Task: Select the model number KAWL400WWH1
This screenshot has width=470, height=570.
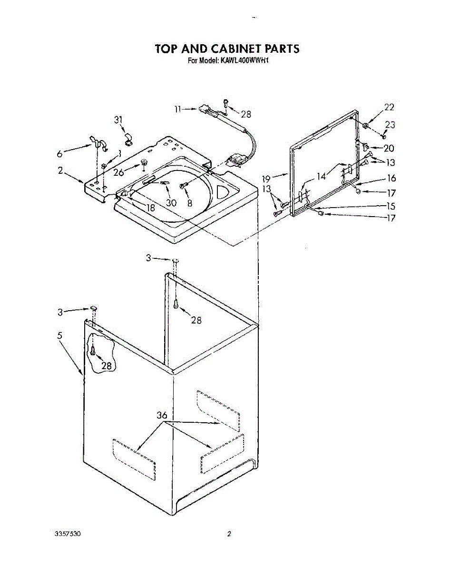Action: pos(243,60)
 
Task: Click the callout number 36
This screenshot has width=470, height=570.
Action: pos(162,416)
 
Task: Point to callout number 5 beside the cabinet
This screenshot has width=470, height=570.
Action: pos(59,335)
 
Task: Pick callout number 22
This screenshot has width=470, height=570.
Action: pos(389,107)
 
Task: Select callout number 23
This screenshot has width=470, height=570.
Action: pos(390,125)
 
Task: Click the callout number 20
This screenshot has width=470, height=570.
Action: pos(389,148)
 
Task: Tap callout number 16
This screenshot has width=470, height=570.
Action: pos(391,178)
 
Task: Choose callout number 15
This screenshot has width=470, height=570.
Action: pos(391,206)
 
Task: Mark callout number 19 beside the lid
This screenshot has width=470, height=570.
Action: pos(266,179)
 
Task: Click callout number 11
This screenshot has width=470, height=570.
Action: pos(177,109)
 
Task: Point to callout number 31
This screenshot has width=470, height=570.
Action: pos(118,120)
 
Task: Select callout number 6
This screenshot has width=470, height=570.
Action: pos(59,154)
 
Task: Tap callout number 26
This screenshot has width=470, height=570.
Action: pos(119,172)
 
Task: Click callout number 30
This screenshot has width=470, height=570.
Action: pos(171,203)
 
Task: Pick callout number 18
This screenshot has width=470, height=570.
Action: pos(151,208)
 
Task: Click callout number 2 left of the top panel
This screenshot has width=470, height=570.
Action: pos(60,171)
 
